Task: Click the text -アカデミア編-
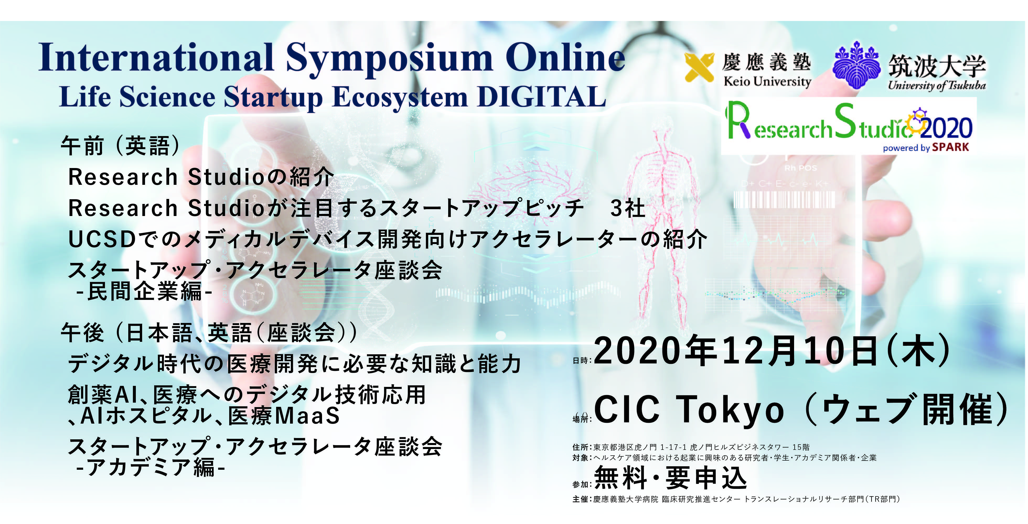click(x=151, y=467)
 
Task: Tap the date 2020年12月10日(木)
click(x=773, y=351)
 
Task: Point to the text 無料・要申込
click(x=671, y=478)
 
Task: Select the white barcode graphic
click(x=784, y=199)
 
